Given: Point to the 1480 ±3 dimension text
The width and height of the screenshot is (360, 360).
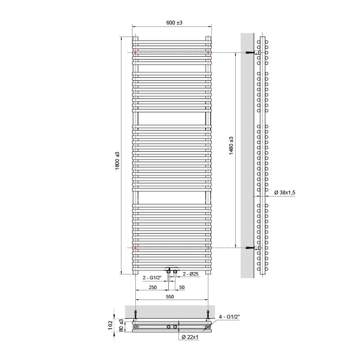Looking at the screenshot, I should click(231, 145).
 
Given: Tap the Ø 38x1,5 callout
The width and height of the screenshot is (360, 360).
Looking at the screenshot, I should click(285, 193).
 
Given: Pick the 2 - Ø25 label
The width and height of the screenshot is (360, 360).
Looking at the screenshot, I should click(190, 274).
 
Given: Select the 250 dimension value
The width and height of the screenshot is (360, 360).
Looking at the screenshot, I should click(153, 287).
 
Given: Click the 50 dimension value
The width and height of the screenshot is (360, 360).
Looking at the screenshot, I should click(182, 287).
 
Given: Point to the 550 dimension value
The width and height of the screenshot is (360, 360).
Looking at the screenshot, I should click(169, 297).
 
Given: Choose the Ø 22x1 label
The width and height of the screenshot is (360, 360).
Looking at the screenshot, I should click(190, 337).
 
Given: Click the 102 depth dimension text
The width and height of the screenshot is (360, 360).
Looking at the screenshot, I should click(110, 325).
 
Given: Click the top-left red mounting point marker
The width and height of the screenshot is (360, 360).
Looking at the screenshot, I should click(135, 52).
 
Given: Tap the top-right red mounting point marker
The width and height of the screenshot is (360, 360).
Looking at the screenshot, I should click(209, 52).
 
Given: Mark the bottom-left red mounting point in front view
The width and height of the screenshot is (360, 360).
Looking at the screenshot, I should click(135, 248).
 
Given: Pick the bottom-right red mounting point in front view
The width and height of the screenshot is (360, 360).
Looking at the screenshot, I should click(209, 248).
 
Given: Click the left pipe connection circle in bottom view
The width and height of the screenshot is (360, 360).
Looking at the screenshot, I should click(135, 327).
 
